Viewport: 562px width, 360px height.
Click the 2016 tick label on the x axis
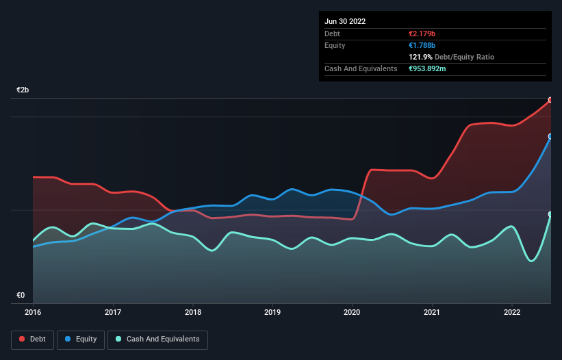pos(33,313)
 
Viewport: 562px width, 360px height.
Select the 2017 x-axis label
pos(113,313)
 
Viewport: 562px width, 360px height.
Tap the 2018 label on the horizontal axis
pos(192,313)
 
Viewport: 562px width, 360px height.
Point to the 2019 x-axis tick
pos(272,313)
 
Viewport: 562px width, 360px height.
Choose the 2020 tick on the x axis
pos(353,313)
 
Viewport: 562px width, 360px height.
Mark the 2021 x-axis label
pos(432,313)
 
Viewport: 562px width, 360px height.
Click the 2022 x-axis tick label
pos(512,313)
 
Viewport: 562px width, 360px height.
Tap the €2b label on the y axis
pos(23,90)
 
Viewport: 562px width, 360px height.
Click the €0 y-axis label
pos(21,296)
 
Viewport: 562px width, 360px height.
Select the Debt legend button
pos(31,339)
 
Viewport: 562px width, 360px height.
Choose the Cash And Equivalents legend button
pos(157,339)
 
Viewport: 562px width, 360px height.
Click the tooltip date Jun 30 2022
pos(345,21)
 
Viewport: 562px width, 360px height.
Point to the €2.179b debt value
pos(422,34)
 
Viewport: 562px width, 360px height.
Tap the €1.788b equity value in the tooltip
pos(422,45)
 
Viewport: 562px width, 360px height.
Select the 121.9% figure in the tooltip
pos(421,57)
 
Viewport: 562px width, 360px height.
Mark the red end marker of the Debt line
pos(550,100)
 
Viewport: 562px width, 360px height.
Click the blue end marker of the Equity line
pos(550,136)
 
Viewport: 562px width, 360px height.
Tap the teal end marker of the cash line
pos(550,214)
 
